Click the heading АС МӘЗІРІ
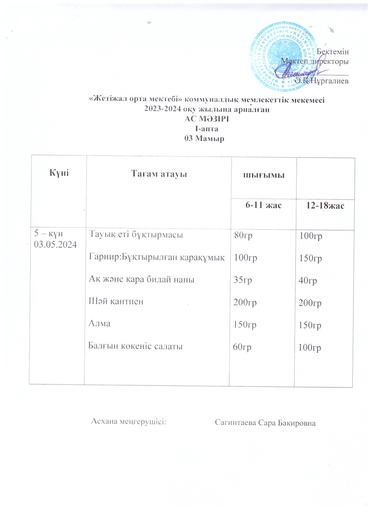[207, 119]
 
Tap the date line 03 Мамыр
[204, 139]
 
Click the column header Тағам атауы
[159, 174]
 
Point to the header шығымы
[264, 175]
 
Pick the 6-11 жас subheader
[263, 205]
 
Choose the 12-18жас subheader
[325, 205]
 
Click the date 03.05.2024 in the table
[56, 245]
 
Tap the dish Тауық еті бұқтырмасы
[136, 235]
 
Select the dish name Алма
[100, 323]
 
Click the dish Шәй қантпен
[116, 301]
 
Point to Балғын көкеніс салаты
[136, 346]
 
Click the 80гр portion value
[243, 235]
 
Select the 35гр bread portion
[243, 280]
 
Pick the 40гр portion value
[308, 281]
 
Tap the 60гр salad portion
[242, 347]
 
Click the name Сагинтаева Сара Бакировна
[265, 423]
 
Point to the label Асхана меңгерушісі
[129, 421]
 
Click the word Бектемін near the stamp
[332, 51]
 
